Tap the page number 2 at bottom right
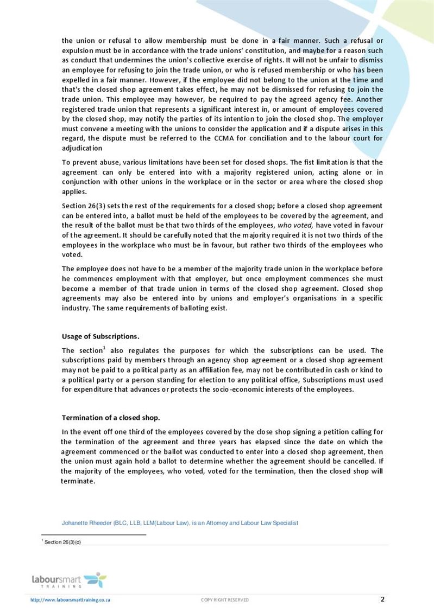tap(382, 599)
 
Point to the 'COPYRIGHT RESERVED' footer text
tap(225, 600)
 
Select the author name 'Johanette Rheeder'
tap(87, 523)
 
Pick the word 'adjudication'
tap(81, 148)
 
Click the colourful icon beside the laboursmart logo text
tap(96, 579)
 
